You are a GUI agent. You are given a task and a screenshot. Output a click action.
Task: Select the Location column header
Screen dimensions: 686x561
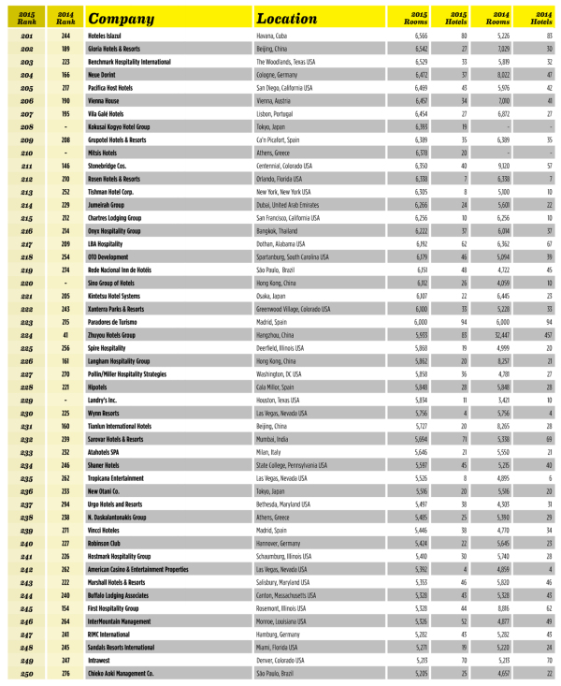[289, 18]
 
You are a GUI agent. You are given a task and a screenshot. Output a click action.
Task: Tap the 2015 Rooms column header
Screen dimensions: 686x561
[415, 18]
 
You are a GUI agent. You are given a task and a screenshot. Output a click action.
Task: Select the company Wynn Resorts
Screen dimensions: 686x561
[104, 413]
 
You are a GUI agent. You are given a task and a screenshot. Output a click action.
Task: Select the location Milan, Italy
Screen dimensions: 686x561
[270, 450]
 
